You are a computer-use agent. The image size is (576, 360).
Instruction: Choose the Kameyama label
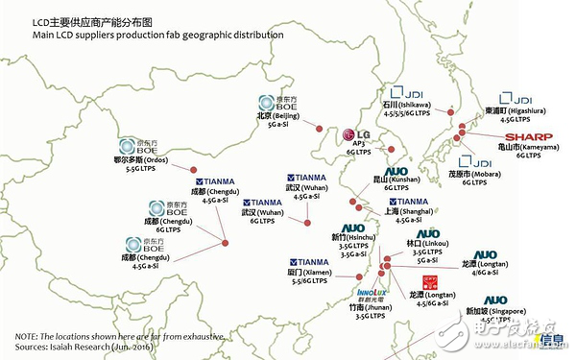point(518,147)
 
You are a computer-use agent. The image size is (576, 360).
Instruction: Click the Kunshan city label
point(392,180)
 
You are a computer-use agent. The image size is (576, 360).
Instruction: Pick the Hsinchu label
point(354,235)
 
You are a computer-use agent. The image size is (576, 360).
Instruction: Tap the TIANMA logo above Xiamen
point(308,261)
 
